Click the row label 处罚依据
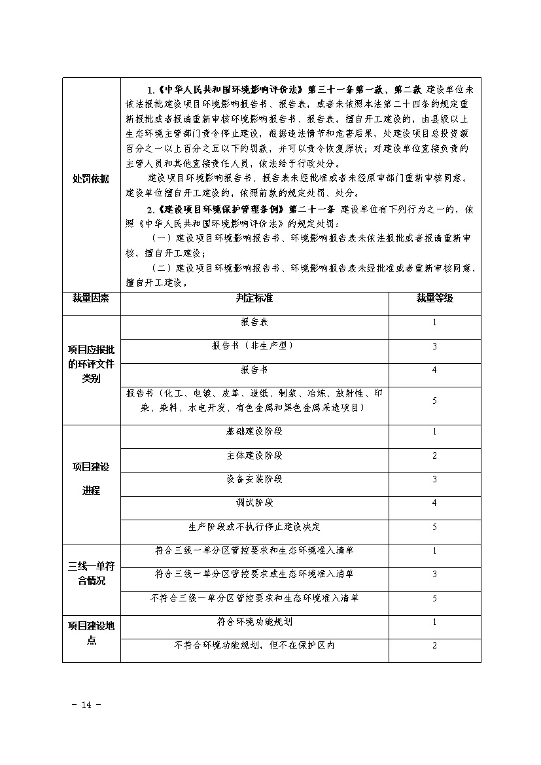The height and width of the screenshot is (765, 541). point(91,179)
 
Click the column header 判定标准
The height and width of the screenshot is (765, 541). point(254,298)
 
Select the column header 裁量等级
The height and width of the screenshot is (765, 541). point(434,298)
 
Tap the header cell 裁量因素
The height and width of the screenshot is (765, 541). point(91,298)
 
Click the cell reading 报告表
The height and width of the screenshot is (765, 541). point(254,323)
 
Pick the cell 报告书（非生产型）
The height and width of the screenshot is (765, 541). point(254,346)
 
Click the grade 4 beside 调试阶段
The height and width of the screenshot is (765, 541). point(434,503)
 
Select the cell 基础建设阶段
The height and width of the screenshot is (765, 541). point(254,433)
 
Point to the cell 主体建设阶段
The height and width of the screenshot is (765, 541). point(254,456)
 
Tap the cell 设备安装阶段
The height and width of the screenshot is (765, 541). point(254,480)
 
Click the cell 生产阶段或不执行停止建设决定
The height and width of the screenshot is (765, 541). point(254,527)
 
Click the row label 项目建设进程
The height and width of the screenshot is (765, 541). point(91,478)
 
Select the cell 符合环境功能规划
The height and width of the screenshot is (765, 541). point(254,622)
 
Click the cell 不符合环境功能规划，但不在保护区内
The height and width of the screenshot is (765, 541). point(254,646)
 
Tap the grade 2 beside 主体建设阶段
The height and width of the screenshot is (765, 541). point(434,456)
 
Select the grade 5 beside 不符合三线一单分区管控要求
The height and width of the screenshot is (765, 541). point(434,598)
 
